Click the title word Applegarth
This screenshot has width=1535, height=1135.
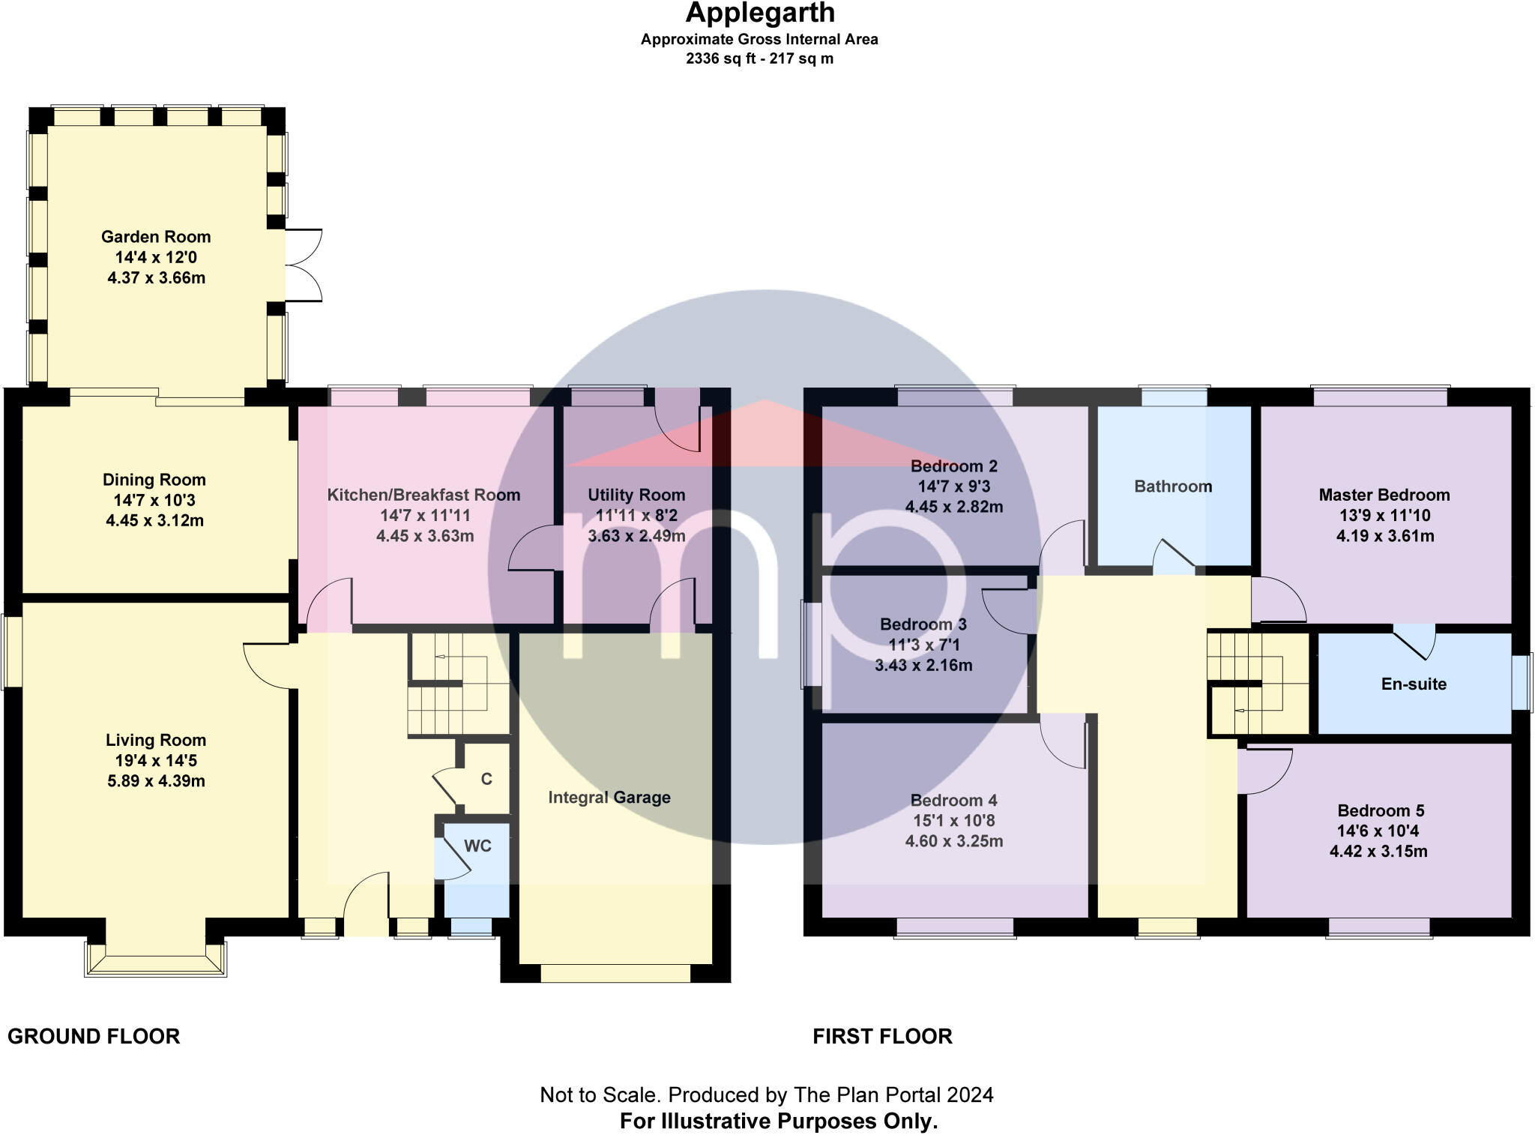click(x=760, y=13)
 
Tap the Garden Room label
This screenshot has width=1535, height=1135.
click(x=156, y=237)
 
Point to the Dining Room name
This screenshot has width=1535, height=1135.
click(x=154, y=480)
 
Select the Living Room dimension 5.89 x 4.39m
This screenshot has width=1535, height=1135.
click(x=156, y=781)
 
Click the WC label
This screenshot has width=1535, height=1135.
click(x=477, y=846)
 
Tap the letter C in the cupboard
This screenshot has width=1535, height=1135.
click(x=486, y=780)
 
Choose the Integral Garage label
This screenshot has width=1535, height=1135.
click(x=609, y=798)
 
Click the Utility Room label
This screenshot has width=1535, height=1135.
click(x=636, y=495)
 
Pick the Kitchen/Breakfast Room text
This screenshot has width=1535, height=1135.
click(x=423, y=495)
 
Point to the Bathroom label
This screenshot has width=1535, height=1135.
click(x=1173, y=487)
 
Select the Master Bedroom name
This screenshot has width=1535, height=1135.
click(x=1384, y=495)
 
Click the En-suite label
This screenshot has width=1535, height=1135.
click(x=1414, y=684)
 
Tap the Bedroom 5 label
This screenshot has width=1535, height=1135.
click(x=1381, y=810)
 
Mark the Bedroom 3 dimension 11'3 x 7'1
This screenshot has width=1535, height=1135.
click(x=923, y=645)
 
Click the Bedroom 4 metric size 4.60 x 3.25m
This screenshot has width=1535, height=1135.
click(x=954, y=841)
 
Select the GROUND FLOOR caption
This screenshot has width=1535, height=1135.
click(x=94, y=1037)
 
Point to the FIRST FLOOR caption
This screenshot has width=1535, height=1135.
click(x=883, y=1037)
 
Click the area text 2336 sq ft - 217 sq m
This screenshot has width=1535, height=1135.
click(x=759, y=58)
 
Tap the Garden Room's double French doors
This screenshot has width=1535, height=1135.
click(x=304, y=265)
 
